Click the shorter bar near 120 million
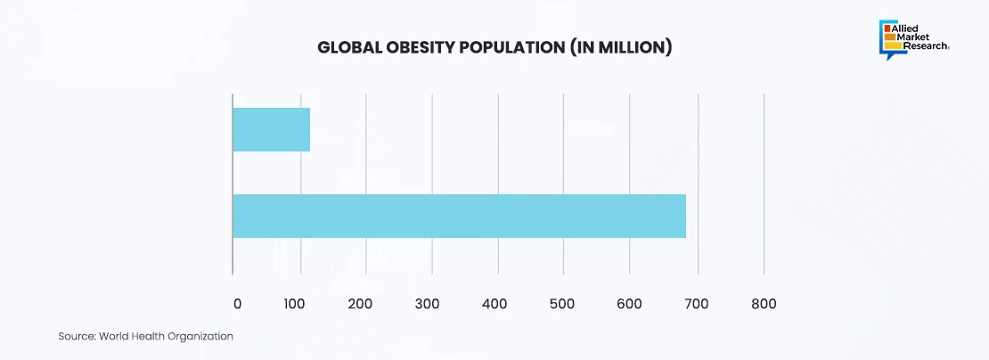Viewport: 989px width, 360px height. pyautogui.click(x=271, y=129)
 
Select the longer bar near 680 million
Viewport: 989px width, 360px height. pyautogui.click(x=459, y=216)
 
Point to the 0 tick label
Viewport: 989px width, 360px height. pyautogui.click(x=237, y=304)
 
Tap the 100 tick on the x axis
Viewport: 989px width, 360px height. pyautogui.click(x=296, y=304)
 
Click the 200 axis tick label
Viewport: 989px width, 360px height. pyautogui.click(x=362, y=304)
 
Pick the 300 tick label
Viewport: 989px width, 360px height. pyautogui.click(x=428, y=304)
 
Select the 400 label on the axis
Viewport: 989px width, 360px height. pyautogui.click(x=494, y=304)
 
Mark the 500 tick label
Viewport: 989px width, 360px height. pyautogui.click(x=560, y=304)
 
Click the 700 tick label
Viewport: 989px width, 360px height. pyautogui.click(x=695, y=304)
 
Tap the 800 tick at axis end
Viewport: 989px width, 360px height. pyautogui.click(x=764, y=304)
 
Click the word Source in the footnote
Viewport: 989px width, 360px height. pyautogui.click(x=77, y=336)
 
